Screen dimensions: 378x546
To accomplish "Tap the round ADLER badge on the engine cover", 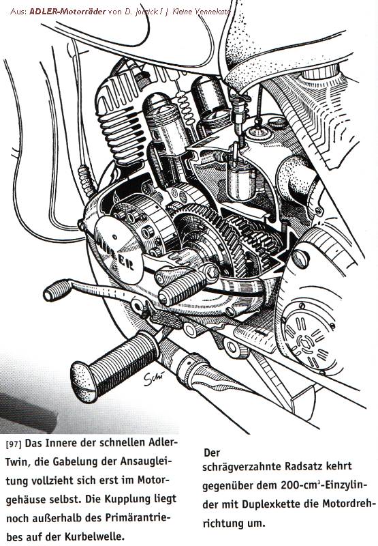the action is coord(119,248).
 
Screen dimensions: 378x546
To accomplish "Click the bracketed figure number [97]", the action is coord(14,445).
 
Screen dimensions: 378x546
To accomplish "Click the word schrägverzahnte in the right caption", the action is coord(242,467).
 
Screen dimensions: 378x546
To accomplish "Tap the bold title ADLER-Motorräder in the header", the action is coord(67,12).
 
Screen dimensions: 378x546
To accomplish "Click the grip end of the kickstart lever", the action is coord(57,290).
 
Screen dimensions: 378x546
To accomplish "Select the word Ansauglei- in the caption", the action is coord(146,462).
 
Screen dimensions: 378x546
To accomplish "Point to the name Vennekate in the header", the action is coord(212,12).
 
